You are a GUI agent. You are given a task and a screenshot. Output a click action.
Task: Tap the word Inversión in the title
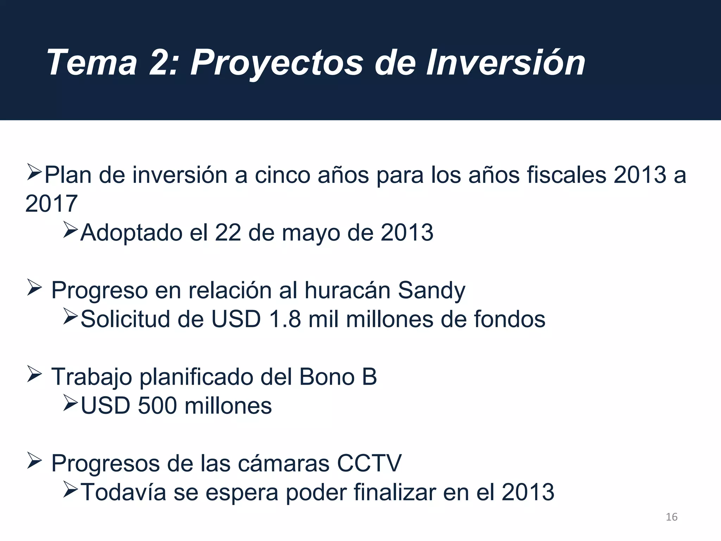point(506,63)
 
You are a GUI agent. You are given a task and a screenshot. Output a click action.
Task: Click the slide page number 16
point(672,517)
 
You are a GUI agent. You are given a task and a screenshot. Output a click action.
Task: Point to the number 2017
point(51,204)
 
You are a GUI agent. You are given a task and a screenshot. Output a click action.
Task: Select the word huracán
point(347,290)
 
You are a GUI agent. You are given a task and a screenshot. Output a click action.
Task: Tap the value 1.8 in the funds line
point(285,319)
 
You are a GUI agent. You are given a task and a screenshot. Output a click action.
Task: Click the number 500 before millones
point(157,405)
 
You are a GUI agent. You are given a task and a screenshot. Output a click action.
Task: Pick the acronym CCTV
point(369,463)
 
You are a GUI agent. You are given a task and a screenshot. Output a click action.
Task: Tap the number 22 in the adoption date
point(228,232)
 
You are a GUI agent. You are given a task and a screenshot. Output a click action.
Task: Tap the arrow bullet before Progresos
point(35,461)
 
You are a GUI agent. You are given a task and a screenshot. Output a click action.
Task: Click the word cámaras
point(284,463)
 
